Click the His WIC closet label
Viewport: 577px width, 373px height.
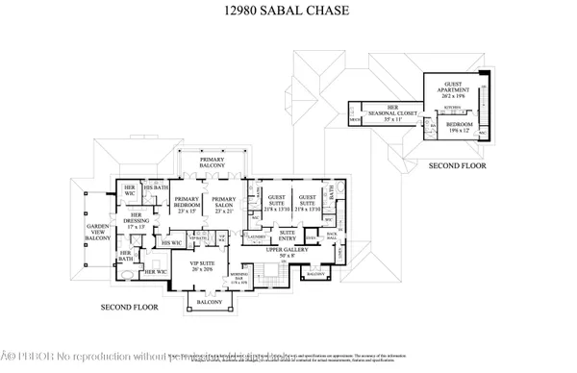coord(171,243)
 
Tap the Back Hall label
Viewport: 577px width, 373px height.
coord(332,236)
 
